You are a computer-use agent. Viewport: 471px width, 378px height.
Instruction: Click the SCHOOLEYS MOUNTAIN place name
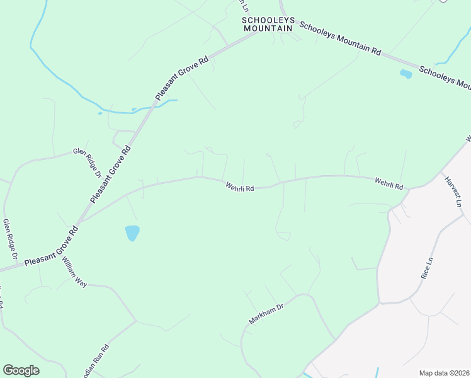268,24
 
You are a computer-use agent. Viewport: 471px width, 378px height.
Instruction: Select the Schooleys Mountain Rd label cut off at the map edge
445,76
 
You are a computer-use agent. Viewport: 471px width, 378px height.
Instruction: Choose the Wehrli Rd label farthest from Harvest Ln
239,187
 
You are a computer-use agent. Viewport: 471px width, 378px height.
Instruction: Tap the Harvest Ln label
453,192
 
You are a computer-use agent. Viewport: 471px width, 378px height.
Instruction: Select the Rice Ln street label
427,268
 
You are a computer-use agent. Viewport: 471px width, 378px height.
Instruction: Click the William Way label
74,272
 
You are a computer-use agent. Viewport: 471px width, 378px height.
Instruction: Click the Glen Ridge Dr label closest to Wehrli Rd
88,163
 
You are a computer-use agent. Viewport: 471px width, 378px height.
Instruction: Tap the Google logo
21,370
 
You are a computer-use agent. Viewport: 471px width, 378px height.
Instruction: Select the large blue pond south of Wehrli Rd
132,233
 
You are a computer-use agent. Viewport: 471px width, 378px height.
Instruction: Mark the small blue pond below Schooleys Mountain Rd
406,74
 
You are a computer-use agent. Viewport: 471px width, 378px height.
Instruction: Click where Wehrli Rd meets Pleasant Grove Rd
78,223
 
